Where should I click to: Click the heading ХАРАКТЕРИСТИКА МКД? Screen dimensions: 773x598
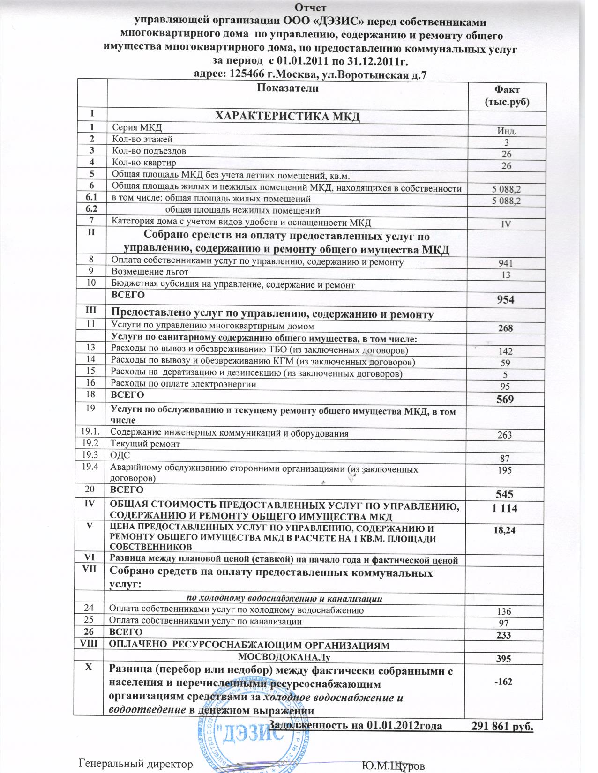tap(287, 116)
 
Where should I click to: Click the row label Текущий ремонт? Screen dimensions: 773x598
tap(145, 443)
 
